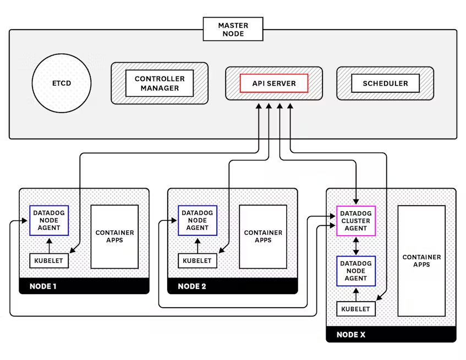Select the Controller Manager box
click(x=160, y=84)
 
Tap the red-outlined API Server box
click(x=273, y=84)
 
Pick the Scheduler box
click(x=385, y=84)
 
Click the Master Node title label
click(x=233, y=29)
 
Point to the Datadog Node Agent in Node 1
click(x=49, y=220)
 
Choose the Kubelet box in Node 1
click(x=49, y=261)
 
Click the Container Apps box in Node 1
click(x=114, y=236)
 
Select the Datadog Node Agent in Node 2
click(x=198, y=220)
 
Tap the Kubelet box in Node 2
click(x=198, y=261)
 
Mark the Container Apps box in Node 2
click(x=263, y=236)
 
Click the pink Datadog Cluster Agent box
click(x=355, y=221)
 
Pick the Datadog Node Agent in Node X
click(x=355, y=271)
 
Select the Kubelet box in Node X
click(x=355, y=309)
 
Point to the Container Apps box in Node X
click(x=421, y=261)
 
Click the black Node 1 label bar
click(x=84, y=286)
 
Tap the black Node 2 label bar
click(x=232, y=286)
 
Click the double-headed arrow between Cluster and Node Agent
click(x=356, y=246)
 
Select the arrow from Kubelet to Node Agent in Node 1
click(x=49, y=245)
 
